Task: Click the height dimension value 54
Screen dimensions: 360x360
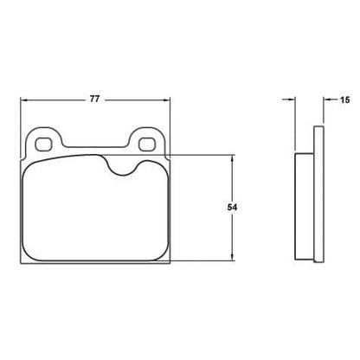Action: click(x=233, y=208)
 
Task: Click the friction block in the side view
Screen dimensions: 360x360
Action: click(x=304, y=208)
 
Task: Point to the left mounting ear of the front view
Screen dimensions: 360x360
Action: click(x=42, y=141)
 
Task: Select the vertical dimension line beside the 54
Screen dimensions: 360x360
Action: click(x=233, y=234)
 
